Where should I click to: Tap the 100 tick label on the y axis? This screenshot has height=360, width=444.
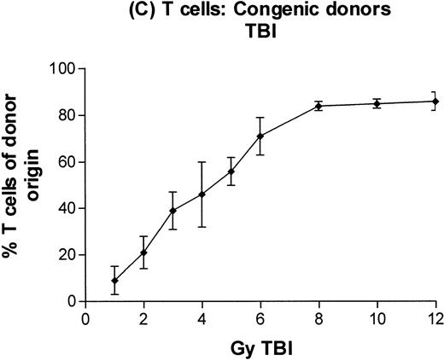point(63,69)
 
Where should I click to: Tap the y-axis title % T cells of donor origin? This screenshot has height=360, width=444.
point(23,185)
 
